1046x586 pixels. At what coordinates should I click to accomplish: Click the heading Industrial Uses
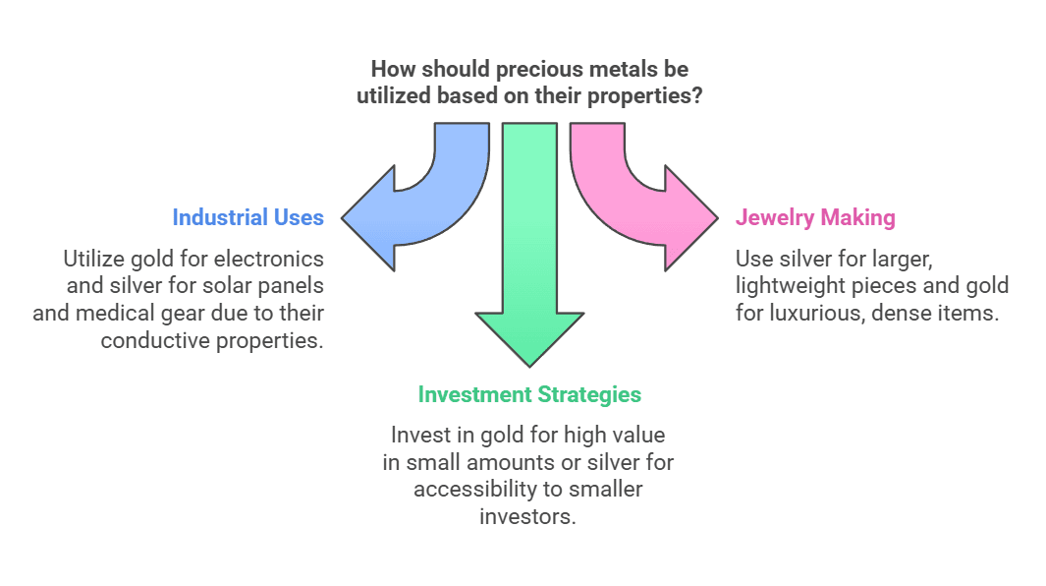(x=248, y=217)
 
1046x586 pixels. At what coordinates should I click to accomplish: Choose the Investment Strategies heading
(x=529, y=394)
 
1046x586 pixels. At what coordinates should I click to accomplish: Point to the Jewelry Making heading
(x=815, y=217)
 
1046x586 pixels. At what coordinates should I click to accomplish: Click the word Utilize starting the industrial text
(x=94, y=259)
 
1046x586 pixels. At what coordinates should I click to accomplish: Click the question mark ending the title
(x=696, y=97)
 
